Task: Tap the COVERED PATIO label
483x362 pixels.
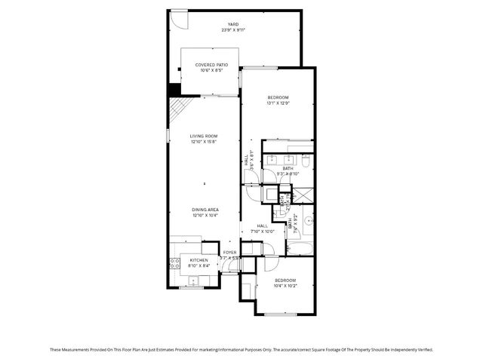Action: (211, 65)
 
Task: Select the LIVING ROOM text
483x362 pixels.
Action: (204, 136)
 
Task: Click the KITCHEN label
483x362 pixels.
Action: (189, 260)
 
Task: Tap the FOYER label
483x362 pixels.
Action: (229, 252)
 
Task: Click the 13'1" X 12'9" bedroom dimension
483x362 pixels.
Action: (278, 103)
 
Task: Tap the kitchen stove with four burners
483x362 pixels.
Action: (174, 263)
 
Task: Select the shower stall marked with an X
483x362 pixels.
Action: (304, 194)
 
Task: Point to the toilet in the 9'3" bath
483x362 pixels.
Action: (306, 161)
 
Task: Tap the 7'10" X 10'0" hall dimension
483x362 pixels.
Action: (262, 232)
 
